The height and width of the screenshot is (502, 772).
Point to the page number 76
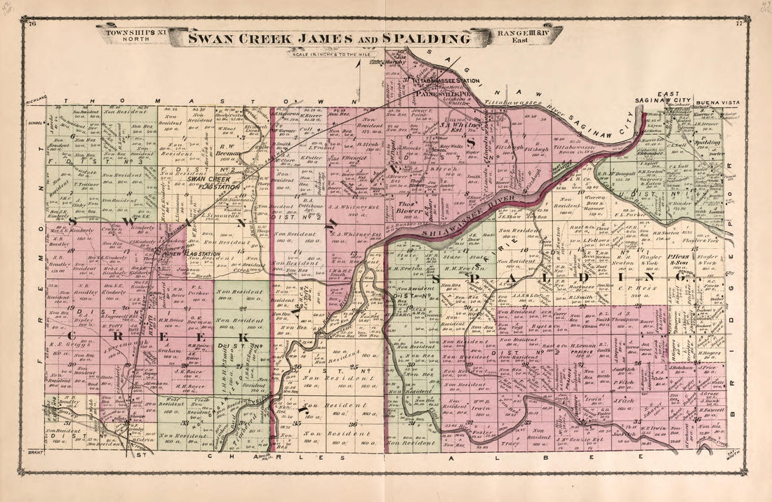tap(32, 24)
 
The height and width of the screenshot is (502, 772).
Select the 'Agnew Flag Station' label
tap(185, 255)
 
